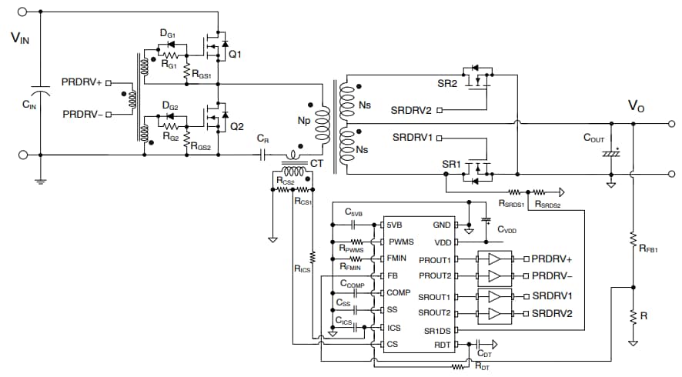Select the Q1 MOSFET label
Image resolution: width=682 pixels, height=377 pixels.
[235, 55]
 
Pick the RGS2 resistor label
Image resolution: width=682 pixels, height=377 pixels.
[201, 147]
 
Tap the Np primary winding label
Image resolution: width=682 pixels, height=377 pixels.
[305, 121]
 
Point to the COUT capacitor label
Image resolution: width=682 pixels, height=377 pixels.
[593, 139]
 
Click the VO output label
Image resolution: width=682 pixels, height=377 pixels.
[636, 106]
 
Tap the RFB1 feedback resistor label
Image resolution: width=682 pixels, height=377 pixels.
[648, 249]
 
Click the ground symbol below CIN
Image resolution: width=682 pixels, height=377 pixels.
[40, 181]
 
